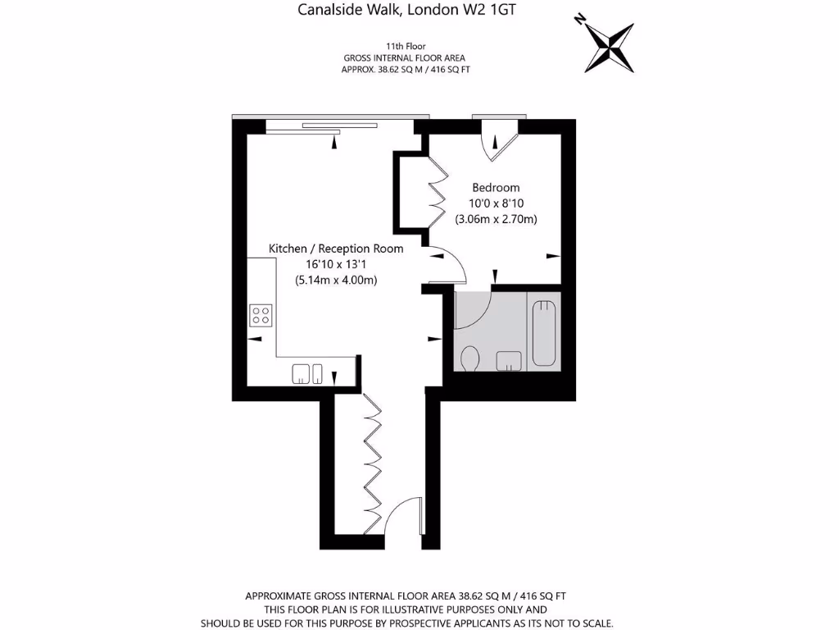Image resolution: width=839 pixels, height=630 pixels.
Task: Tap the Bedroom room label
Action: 495,188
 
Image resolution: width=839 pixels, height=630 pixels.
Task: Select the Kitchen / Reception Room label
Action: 336,249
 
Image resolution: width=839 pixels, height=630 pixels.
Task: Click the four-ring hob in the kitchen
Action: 261,315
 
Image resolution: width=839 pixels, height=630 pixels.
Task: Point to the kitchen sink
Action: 309,373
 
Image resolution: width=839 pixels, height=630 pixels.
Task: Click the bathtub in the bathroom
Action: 544,334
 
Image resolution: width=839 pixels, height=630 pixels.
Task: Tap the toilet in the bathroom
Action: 470,358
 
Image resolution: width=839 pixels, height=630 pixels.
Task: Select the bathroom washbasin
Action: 509,360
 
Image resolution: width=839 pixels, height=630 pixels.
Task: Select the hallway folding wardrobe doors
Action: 372,459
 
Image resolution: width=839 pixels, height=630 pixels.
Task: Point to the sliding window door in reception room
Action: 338,126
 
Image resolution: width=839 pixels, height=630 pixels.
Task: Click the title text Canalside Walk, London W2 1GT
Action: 406,11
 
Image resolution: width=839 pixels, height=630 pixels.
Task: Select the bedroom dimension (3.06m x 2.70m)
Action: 496,219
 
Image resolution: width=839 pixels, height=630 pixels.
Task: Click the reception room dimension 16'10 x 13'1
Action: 336,264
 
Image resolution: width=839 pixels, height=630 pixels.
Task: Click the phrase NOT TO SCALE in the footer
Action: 578,623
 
